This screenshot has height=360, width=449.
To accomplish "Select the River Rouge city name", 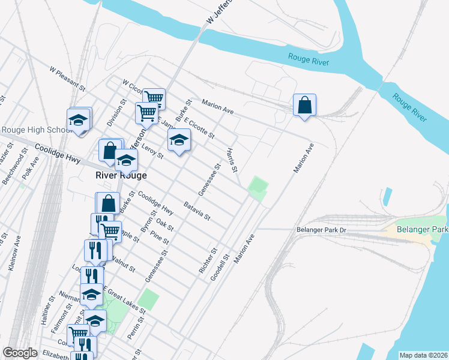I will [x=122, y=175].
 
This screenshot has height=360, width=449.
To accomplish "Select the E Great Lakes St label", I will [x=124, y=301].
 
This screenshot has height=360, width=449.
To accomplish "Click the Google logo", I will [x=20, y=353].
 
